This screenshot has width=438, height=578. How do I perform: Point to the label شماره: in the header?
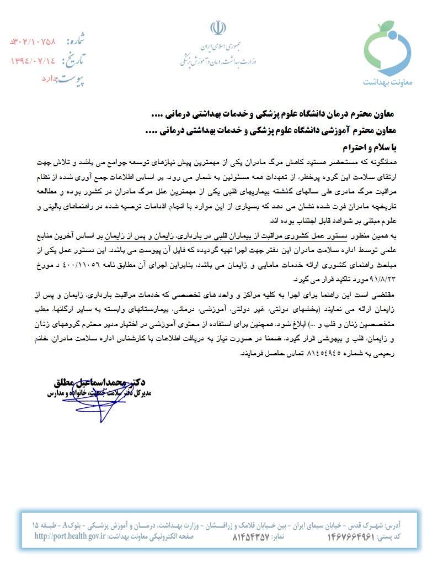click(78, 41)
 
